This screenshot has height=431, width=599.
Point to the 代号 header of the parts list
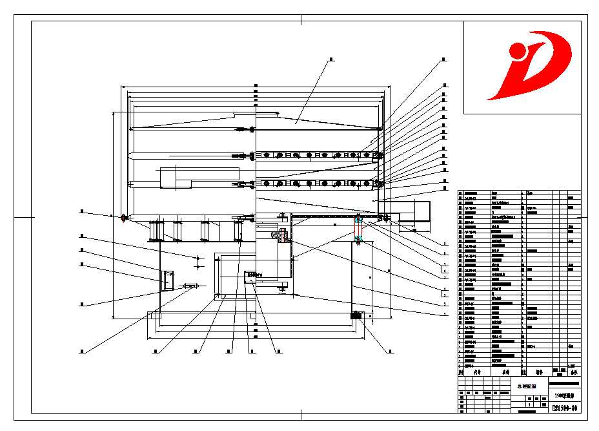coord(477,372)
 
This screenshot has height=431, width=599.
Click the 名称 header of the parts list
coord(505,372)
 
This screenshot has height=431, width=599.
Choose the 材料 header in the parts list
coord(538,372)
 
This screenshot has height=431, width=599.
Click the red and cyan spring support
coord(359,229)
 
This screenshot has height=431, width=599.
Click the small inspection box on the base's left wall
coord(167,280)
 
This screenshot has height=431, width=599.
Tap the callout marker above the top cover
coord(331,60)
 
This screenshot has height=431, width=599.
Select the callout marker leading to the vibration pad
coord(390,352)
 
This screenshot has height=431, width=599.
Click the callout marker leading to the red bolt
coord(82,211)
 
